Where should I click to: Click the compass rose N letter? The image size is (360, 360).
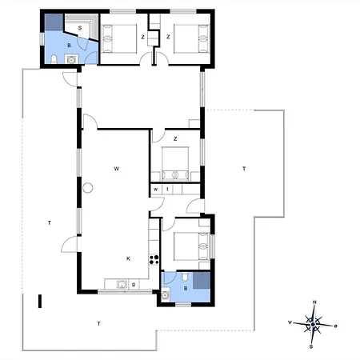pyautogui.click(x=314, y=302)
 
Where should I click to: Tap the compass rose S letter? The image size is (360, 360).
pyautogui.click(x=311, y=346)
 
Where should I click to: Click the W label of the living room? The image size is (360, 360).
pyautogui.click(x=116, y=169)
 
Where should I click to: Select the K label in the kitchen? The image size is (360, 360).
pyautogui.click(x=128, y=258)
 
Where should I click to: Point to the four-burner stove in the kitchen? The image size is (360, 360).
pyautogui.click(x=154, y=259)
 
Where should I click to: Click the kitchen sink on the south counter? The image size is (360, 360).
pyautogui.click(x=122, y=284)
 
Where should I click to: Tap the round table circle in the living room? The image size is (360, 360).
pyautogui.click(x=87, y=188)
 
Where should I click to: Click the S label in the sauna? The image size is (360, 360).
pyautogui.click(x=80, y=28)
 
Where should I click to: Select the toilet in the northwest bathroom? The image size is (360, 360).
pyautogui.click(x=54, y=59)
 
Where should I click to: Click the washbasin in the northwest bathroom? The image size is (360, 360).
pyautogui.click(x=71, y=59)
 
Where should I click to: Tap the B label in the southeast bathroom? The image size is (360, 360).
pyautogui.click(x=186, y=288)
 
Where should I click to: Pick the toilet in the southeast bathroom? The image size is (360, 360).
pyautogui.click(x=185, y=277)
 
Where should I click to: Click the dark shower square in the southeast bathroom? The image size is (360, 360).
pyautogui.click(x=202, y=280)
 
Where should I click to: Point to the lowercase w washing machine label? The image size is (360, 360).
pyautogui.click(x=156, y=190)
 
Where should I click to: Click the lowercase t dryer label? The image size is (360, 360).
pyautogui.click(x=167, y=189)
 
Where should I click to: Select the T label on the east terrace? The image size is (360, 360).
pyautogui.click(x=244, y=169)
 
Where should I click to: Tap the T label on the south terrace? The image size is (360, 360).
pyautogui.click(x=99, y=324)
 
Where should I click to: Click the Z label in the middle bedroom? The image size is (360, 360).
pyautogui.click(x=175, y=138)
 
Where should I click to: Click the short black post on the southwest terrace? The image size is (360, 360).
pyautogui.click(x=40, y=302)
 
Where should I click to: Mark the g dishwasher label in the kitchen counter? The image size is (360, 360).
pyautogui.click(x=134, y=285)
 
